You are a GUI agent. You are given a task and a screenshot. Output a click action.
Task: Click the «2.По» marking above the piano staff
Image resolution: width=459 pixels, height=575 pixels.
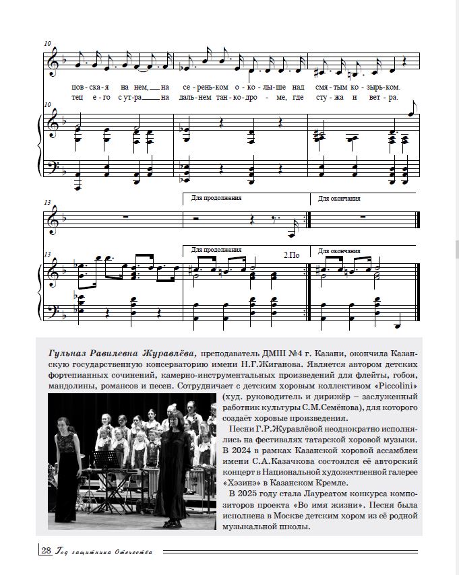(x=291, y=256)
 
